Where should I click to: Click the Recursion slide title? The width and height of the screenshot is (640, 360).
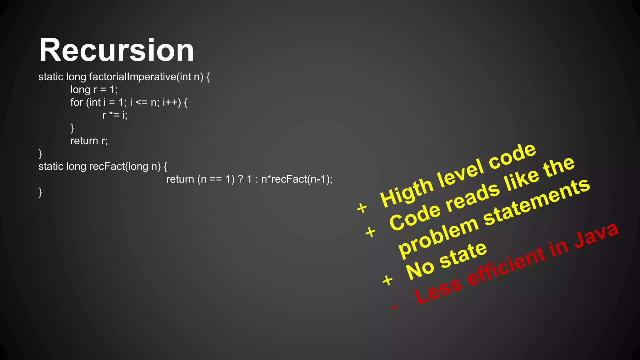pos(116,50)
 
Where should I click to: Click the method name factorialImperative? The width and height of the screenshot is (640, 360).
pos(132,77)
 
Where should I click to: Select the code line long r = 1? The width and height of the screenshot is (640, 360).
pos(94,90)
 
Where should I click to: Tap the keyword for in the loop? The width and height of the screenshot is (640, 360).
pos(77,102)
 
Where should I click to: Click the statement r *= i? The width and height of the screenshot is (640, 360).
pos(115,115)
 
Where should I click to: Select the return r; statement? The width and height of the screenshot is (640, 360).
pos(89,141)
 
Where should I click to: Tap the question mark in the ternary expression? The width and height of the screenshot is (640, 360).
pos(240,179)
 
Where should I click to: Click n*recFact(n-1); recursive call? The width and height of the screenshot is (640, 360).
pos(297,179)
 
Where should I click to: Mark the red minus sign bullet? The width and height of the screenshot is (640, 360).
pos(394,307)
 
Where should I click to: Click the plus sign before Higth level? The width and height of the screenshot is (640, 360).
pos(362,208)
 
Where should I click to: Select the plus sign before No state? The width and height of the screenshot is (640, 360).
pos(387,280)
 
